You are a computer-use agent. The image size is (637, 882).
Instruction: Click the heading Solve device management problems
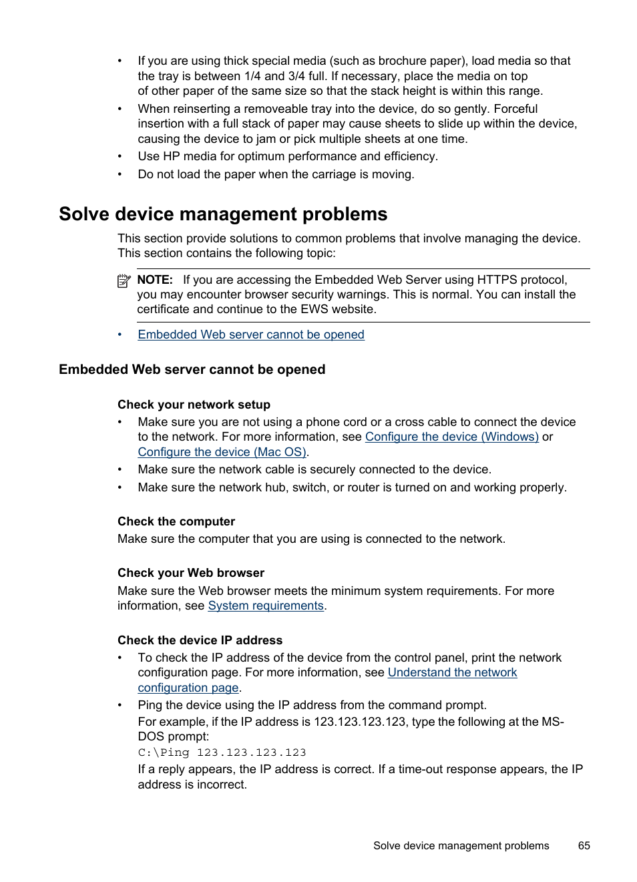[223, 214]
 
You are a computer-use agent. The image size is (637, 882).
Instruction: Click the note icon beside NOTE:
[124, 281]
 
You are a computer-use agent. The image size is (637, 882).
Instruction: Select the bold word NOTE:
[155, 280]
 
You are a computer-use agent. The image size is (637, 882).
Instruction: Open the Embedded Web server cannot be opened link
[250, 335]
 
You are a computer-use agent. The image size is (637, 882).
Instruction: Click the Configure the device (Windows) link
[451, 437]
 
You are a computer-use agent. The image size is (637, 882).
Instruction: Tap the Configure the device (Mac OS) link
[222, 452]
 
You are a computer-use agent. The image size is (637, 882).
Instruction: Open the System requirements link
[266, 606]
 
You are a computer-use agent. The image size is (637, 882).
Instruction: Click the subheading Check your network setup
[194, 405]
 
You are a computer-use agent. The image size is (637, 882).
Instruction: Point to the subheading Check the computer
[176, 521]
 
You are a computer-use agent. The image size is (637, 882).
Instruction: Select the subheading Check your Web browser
[191, 573]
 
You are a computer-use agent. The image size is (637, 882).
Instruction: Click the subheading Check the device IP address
[200, 640]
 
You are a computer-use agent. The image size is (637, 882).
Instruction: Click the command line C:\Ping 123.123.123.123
[222, 752]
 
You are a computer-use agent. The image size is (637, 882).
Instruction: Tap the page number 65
[584, 845]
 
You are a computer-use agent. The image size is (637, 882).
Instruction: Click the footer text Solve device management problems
[461, 845]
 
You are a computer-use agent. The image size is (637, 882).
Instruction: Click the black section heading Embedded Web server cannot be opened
[192, 370]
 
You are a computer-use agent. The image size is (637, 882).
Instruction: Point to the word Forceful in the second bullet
[515, 109]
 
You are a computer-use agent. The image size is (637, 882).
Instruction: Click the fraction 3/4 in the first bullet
[296, 76]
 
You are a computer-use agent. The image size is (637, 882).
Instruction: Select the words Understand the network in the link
[452, 672]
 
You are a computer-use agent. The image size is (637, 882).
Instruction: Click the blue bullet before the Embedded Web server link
[120, 335]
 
